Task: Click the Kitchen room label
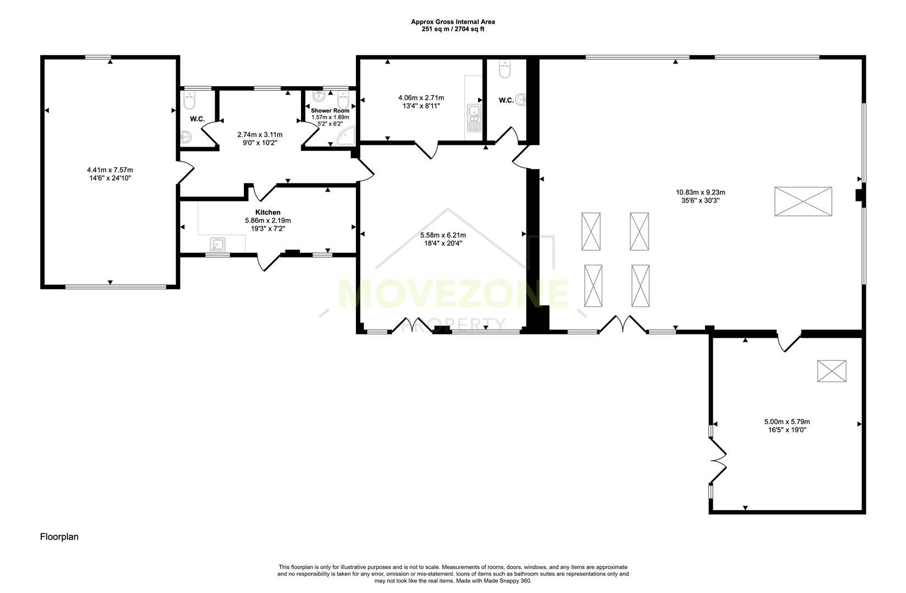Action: (x=267, y=212)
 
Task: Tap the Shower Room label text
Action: (x=330, y=111)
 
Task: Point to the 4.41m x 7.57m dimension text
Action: (x=110, y=170)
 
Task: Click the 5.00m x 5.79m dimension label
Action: (x=787, y=422)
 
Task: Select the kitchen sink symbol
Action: (x=219, y=244)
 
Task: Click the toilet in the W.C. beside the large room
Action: (x=505, y=70)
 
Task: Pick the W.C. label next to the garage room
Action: (x=197, y=119)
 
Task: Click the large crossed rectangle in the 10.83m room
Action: (x=803, y=202)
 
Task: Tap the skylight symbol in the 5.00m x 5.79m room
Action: (x=831, y=371)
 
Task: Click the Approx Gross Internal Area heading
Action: (x=453, y=22)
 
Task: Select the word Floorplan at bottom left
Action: (x=59, y=537)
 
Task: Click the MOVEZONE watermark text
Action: (x=453, y=294)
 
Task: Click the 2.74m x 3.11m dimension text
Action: (x=260, y=135)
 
